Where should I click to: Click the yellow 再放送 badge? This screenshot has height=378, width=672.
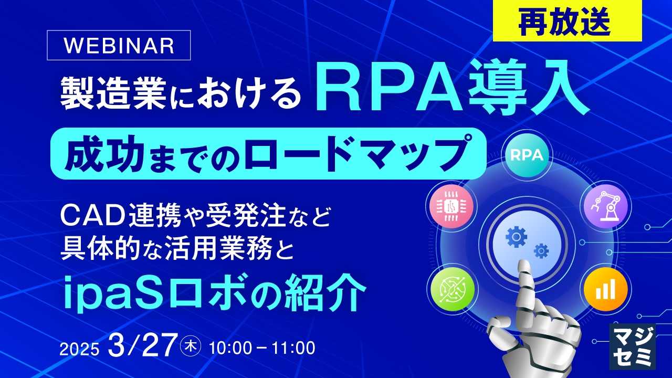coord(567,21)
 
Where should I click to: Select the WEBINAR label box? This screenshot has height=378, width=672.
coord(119,46)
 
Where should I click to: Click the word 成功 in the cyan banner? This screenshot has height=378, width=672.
coord(92,153)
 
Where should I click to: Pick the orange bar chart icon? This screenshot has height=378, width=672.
coord(604,289)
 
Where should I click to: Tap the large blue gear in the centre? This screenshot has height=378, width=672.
coord(516,237)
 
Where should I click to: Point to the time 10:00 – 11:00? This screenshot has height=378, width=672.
coord(262,348)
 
